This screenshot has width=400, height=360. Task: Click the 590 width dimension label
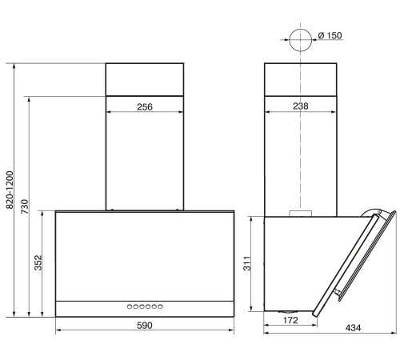coord(145,326)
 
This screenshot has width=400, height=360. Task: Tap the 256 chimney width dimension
coord(145,107)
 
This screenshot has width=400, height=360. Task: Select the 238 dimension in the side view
coord(301,106)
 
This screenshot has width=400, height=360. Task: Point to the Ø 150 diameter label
coord(330,35)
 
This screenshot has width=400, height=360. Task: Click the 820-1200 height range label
coord(10,190)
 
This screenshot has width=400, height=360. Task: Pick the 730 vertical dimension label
coord(25,206)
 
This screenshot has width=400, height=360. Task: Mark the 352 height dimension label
coord(38,263)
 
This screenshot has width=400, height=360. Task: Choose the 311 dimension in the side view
coord(247,263)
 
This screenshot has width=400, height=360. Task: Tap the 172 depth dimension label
coord(290,320)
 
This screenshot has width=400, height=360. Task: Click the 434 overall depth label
coord(353,328)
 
